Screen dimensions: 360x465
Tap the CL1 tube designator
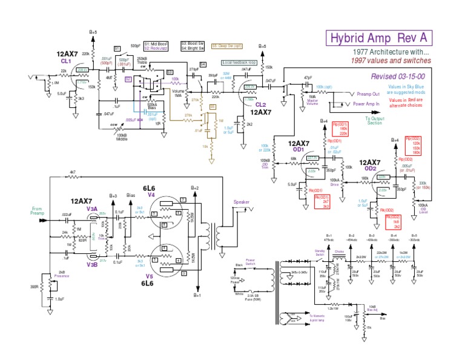point(65,62)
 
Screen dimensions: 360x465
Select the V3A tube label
point(92,208)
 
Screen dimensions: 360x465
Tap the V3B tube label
point(92,264)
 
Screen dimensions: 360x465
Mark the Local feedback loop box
point(239,62)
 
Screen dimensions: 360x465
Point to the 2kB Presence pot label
point(61,275)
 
